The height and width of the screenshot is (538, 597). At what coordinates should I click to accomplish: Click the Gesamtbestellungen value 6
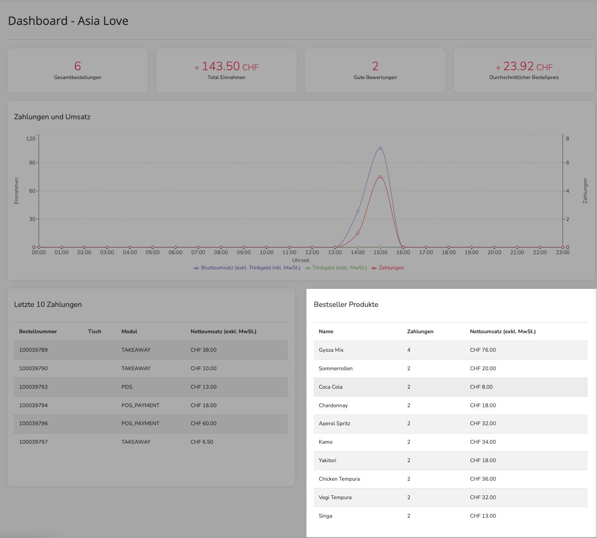tap(78, 66)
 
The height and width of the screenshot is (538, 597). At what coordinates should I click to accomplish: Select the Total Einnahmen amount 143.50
tap(221, 66)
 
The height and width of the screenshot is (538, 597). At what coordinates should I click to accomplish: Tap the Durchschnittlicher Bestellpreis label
tap(524, 77)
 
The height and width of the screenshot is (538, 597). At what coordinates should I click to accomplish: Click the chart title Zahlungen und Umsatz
tap(52, 117)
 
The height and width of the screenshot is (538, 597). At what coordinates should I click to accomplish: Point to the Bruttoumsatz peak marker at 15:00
tap(380, 148)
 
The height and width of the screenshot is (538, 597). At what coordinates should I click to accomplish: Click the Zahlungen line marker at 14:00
tap(358, 233)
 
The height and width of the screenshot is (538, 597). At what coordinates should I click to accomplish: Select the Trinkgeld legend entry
tap(336, 268)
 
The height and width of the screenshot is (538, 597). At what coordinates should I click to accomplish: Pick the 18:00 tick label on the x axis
tap(449, 252)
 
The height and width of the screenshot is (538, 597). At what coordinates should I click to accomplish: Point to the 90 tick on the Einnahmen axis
tap(32, 163)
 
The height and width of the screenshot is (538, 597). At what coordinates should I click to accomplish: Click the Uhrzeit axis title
tap(301, 260)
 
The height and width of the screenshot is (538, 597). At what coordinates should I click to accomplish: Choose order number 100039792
tap(33, 387)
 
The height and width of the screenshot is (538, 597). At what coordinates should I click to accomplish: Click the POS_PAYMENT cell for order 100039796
tap(140, 423)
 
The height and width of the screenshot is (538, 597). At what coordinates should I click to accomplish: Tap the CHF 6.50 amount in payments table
tap(202, 442)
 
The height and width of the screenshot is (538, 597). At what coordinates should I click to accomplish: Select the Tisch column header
tap(95, 331)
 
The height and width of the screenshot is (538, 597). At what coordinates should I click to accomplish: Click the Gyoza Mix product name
tap(331, 350)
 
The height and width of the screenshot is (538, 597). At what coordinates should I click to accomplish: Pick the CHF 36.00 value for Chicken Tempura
tap(483, 479)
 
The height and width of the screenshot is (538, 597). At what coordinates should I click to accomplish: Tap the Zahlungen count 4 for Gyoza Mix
tap(409, 350)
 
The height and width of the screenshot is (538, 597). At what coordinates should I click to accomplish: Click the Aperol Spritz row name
tap(335, 423)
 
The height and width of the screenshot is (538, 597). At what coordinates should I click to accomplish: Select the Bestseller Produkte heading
tap(346, 304)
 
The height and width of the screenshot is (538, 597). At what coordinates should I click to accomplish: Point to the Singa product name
tap(325, 516)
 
